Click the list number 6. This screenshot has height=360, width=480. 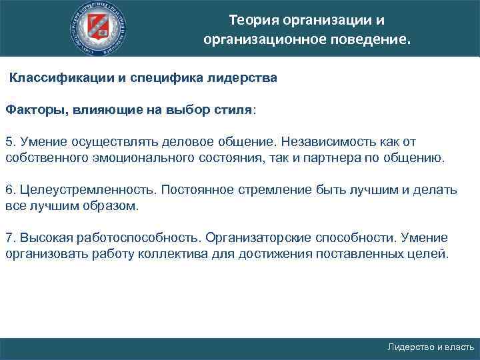(x=9, y=189)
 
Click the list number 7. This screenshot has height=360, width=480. (x=9, y=238)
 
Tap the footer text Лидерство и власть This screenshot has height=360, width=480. (x=431, y=347)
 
